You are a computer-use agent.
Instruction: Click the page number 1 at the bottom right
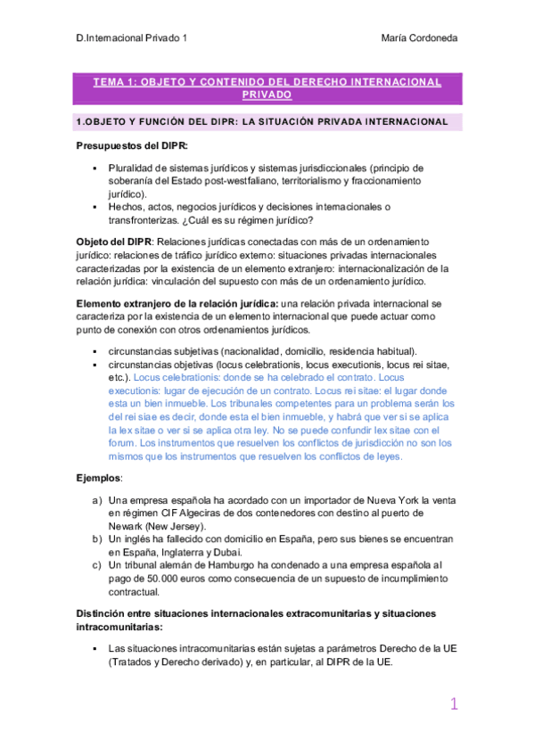pyautogui.click(x=454, y=704)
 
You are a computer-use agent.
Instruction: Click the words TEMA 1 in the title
pyautogui.click(x=114, y=81)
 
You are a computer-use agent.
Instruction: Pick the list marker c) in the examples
pyautogui.click(x=97, y=565)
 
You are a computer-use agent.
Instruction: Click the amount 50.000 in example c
pyautogui.click(x=152, y=578)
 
